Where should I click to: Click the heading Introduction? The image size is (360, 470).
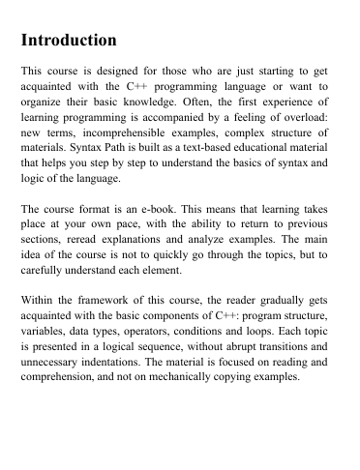pos(69,42)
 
